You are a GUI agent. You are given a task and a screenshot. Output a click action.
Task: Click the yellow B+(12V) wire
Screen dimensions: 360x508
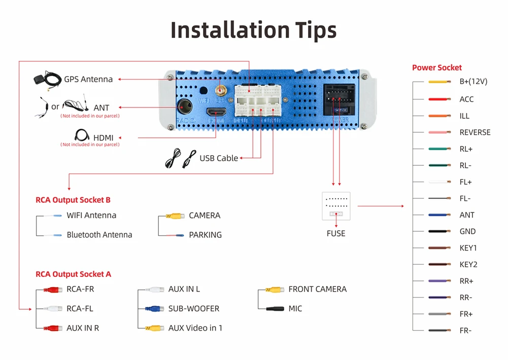[439, 82]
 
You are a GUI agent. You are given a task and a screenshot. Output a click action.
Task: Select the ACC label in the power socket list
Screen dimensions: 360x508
[466, 99]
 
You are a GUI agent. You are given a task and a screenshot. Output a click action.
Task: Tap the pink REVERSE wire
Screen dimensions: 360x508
[439, 132]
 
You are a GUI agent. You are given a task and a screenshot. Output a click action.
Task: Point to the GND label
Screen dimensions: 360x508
[467, 231]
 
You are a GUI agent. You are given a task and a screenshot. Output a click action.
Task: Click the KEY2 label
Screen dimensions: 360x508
[468, 264]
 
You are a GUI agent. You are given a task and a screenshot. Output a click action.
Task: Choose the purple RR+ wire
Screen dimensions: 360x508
[439, 281]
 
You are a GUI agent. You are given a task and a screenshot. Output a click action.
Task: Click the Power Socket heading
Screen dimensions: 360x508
[436, 67]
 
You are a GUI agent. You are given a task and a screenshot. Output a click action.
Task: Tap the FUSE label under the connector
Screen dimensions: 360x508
[336, 233]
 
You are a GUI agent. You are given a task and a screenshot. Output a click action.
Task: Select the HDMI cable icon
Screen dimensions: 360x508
[82, 136]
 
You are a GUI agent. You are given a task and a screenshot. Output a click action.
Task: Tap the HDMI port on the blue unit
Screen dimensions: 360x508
[218, 112]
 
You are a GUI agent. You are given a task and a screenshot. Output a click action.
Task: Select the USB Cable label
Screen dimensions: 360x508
[219, 158]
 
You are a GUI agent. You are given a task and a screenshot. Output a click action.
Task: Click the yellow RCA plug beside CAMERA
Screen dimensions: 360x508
[175, 216]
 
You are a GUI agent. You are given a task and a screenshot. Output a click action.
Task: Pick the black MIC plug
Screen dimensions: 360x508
[274, 308]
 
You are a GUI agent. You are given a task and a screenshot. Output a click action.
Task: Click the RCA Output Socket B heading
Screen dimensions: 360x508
[73, 200]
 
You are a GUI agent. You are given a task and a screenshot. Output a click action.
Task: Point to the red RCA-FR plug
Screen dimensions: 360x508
[52, 290]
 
